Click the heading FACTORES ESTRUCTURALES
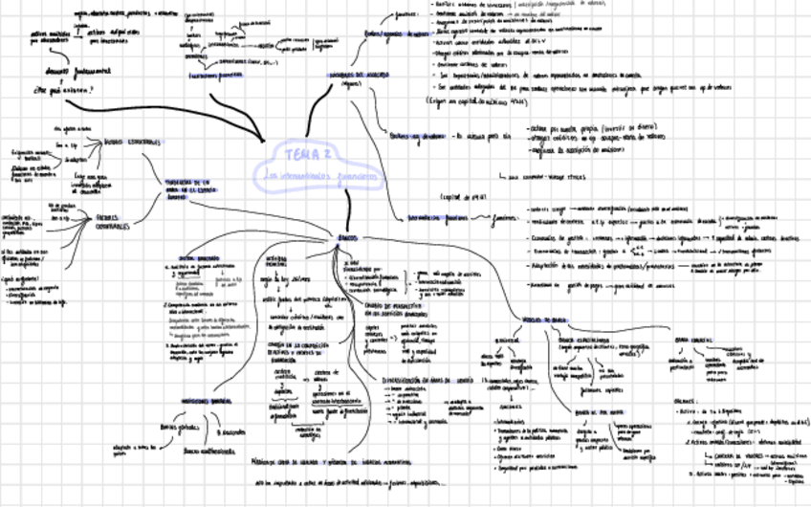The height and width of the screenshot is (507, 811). pos(131,142)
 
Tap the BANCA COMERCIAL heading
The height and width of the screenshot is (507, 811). pos(696,339)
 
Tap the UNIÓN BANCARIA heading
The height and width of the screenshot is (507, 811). pos(199,257)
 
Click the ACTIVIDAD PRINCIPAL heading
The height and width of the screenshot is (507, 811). pos(275,259)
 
